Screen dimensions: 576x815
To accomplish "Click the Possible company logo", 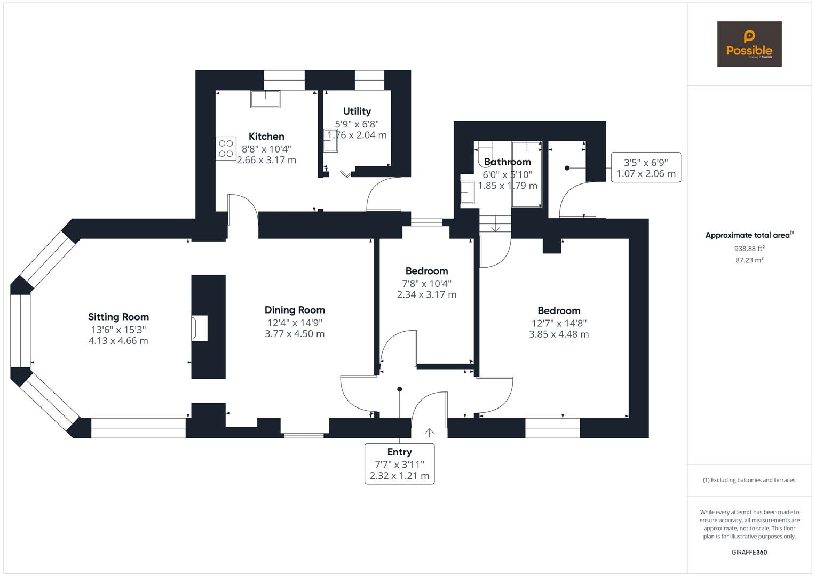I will tap(749, 44).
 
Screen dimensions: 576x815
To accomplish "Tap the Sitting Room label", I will tap(118, 317).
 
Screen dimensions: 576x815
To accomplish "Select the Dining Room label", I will tap(295, 310).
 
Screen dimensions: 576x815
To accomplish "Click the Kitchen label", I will tap(266, 137).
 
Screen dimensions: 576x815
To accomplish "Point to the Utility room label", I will tap(357, 111).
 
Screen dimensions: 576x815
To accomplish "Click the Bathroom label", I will tap(507, 162).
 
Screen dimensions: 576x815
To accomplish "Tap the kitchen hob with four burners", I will tap(226, 148).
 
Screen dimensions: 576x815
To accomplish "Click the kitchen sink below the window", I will tap(265, 99).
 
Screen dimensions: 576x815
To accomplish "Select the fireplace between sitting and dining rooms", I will tap(200, 327).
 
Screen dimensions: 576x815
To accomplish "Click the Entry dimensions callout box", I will tap(399, 463).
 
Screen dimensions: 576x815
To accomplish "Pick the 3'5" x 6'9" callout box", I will tap(646, 167).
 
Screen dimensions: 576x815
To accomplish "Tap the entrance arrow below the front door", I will tap(429, 432).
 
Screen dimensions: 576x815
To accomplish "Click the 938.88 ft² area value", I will tap(749, 249).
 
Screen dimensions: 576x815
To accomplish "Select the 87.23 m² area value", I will tap(749, 260).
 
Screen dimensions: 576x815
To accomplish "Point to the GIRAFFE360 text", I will tap(749, 553).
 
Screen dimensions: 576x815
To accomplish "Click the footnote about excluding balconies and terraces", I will tap(749, 480).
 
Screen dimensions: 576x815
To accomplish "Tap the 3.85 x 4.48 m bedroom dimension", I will tap(559, 334).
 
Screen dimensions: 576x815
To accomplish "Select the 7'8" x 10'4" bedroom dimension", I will tap(426, 283).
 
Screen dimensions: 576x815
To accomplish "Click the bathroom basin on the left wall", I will tap(467, 192).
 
